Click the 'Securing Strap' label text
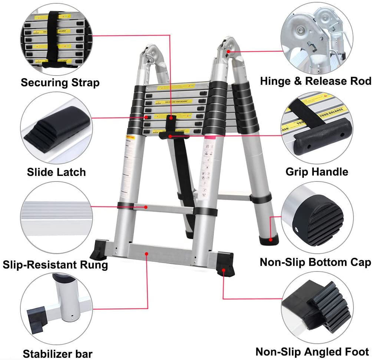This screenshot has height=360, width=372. click(x=60, y=82)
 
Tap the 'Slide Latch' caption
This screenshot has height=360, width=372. click(x=56, y=172)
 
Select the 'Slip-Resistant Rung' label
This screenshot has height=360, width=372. click(x=56, y=264)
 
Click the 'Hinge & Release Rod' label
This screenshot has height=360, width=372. click(x=315, y=81)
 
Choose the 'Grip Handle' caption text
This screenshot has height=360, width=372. click(x=317, y=172)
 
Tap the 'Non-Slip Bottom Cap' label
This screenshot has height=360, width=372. click(x=315, y=262)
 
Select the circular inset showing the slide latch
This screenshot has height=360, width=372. click(x=56, y=128)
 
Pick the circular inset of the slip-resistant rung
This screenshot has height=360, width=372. click(x=56, y=219)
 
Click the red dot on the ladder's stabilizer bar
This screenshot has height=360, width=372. click(x=147, y=254)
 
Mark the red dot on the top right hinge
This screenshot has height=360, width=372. click(x=229, y=51)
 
